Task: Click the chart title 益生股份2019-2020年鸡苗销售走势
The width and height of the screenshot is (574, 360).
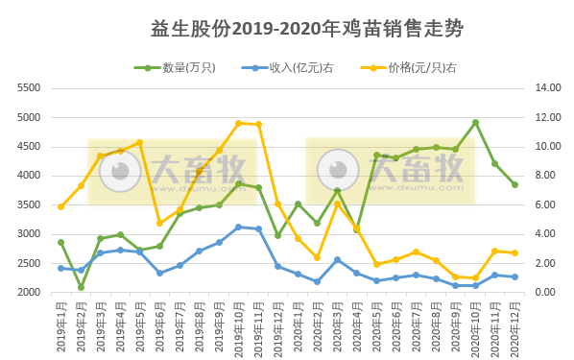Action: pyautogui.click(x=307, y=29)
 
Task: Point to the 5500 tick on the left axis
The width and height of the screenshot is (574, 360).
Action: pyautogui.click(x=30, y=87)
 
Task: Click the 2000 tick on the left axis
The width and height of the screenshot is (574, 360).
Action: pyautogui.click(x=30, y=293)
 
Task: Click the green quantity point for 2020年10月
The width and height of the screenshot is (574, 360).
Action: pyautogui.click(x=475, y=122)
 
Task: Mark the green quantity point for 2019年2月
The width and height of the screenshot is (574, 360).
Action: pyautogui.click(x=81, y=287)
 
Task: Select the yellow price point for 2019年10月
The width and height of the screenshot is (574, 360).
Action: pyautogui.click(x=239, y=123)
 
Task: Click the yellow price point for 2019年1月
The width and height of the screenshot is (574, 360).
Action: pyautogui.click(x=61, y=206)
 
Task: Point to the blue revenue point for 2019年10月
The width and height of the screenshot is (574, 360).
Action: pyautogui.click(x=239, y=227)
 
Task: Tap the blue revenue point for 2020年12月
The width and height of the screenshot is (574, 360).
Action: pyautogui.click(x=514, y=276)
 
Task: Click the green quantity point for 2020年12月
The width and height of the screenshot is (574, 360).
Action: pyautogui.click(x=514, y=184)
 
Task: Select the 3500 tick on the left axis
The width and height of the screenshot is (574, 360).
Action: pyautogui.click(x=30, y=204)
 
